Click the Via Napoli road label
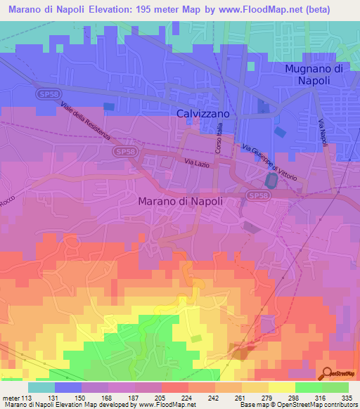point(323,133)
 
